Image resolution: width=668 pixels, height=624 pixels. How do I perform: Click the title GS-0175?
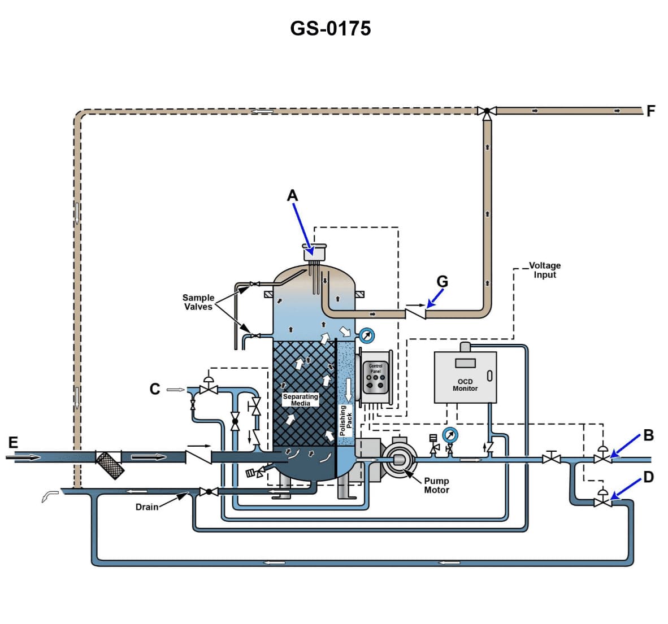click(x=331, y=28)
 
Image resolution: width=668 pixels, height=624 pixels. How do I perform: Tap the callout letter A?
click(x=292, y=195)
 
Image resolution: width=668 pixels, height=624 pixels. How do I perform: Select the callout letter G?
click(x=443, y=281)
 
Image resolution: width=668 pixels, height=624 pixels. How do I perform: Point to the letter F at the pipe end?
click(x=650, y=111)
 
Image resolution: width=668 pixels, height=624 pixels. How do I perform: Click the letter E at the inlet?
click(x=13, y=442)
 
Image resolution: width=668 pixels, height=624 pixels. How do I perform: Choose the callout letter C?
click(x=154, y=389)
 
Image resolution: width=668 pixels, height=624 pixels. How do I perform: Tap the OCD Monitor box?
click(x=465, y=377)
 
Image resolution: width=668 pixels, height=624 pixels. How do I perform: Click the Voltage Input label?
click(x=544, y=270)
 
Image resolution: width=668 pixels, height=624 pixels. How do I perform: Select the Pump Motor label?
click(x=436, y=486)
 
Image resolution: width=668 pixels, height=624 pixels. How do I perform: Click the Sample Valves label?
click(x=198, y=302)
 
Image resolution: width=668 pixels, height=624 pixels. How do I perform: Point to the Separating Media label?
click(x=301, y=400)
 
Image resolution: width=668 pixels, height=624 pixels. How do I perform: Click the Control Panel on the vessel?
click(x=375, y=381)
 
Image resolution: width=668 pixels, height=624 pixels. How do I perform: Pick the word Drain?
click(x=147, y=507)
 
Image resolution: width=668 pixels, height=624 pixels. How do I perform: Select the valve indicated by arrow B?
click(x=602, y=459)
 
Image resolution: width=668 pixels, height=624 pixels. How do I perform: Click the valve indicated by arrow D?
click(x=602, y=501)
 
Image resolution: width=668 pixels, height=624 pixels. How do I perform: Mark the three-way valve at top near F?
click(x=486, y=111)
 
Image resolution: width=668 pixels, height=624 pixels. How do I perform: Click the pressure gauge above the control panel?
click(x=367, y=336)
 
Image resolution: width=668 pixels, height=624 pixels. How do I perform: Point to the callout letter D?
click(x=648, y=477)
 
